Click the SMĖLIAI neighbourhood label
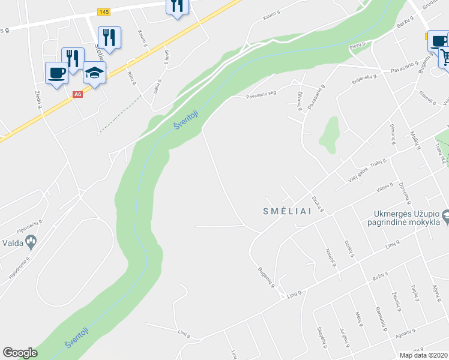pos(287,211)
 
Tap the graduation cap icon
pos(94,73)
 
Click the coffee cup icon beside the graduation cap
pos(56,73)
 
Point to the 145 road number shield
pos(103,12)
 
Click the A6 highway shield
pos(77,94)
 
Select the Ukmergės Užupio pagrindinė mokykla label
pos(404,218)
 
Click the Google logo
pos(20,353)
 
